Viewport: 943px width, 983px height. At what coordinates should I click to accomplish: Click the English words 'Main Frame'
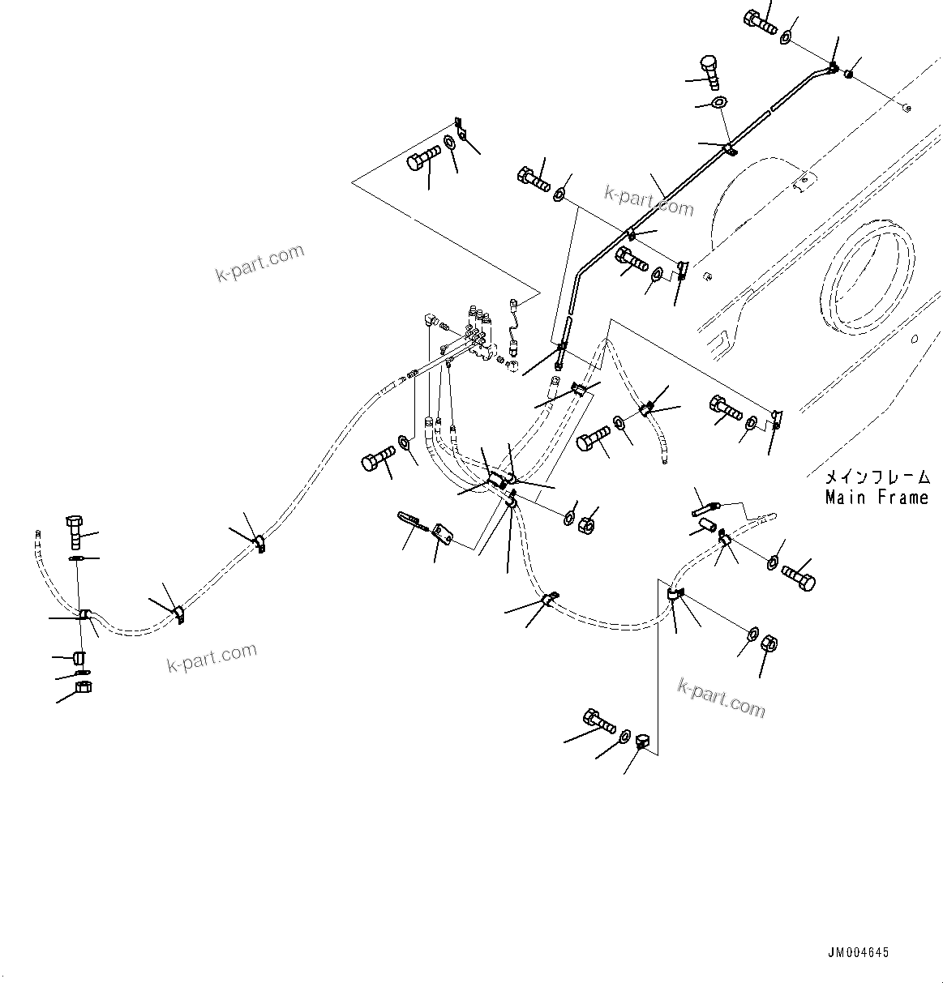click(877, 498)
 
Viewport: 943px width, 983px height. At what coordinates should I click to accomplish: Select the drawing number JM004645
click(859, 952)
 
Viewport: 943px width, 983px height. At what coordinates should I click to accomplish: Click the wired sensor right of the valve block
click(513, 324)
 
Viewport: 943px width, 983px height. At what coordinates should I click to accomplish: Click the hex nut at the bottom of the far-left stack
click(83, 688)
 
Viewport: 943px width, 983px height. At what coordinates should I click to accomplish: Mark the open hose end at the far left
click(37, 534)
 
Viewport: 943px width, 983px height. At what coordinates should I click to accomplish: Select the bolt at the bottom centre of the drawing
click(598, 720)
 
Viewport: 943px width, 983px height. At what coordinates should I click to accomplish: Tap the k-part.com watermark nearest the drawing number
click(721, 698)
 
